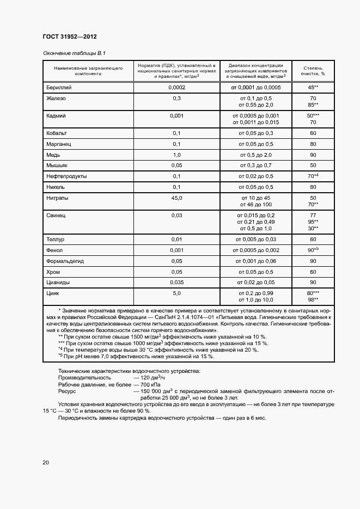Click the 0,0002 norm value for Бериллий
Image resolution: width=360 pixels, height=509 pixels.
tap(177, 88)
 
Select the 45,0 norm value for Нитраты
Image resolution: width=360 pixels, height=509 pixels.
tap(177, 198)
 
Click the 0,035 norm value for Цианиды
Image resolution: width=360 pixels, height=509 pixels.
tap(177, 282)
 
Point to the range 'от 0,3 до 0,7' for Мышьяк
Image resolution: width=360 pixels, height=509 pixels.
tap(256, 165)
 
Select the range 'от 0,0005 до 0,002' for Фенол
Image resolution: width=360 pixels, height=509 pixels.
tap(256, 250)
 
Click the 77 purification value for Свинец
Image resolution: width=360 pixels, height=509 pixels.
tap(313, 216)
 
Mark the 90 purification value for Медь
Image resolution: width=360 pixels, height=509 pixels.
tap(313, 155)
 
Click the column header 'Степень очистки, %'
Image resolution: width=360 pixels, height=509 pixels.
tap(313, 70)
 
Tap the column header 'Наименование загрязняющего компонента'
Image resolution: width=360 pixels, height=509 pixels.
tap(88, 70)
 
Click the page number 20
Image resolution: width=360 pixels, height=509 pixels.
tap(46, 463)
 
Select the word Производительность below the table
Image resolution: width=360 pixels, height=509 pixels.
tap(84, 377)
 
